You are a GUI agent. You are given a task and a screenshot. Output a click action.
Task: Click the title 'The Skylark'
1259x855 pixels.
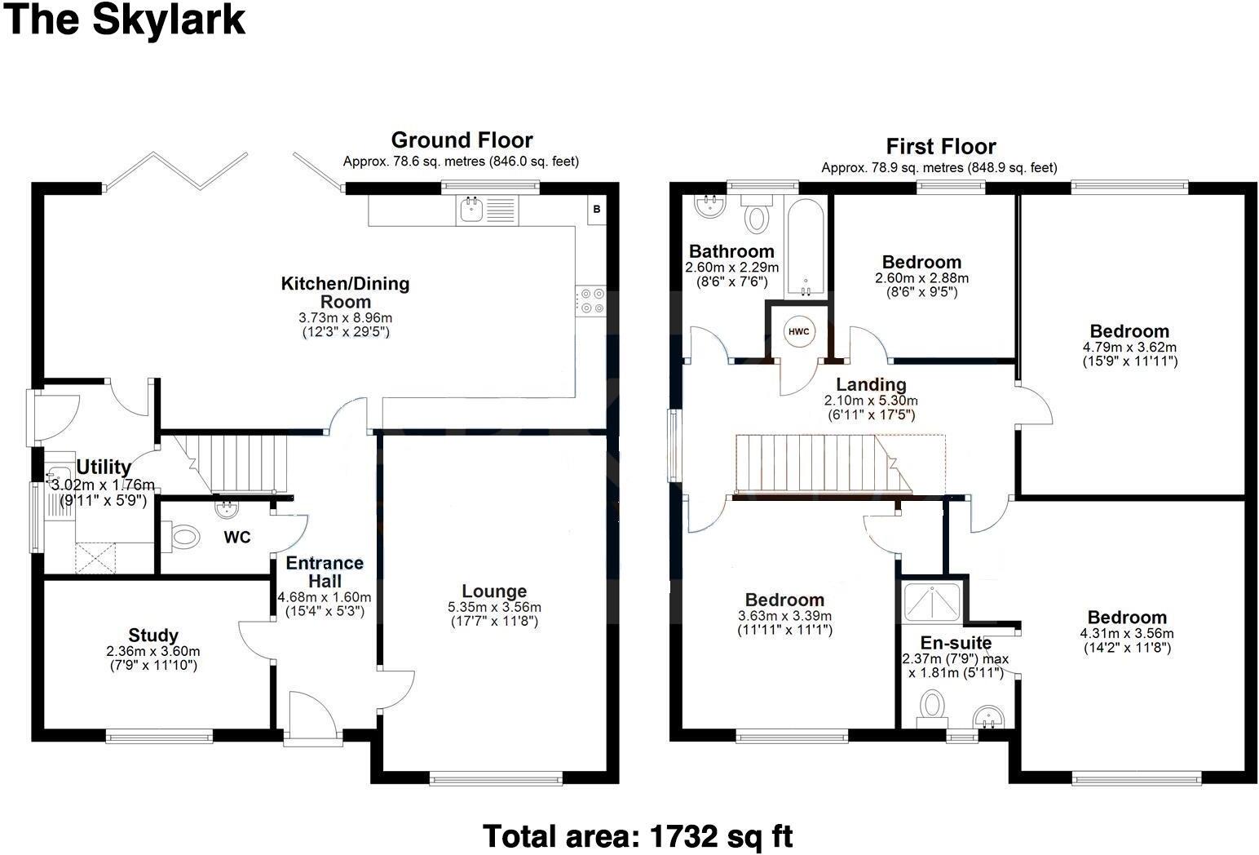(125, 20)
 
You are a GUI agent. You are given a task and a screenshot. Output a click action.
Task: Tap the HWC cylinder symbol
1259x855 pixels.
(798, 331)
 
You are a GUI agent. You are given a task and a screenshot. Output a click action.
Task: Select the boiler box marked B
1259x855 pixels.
(596, 210)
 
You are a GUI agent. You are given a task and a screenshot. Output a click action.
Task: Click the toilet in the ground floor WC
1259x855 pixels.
(185, 537)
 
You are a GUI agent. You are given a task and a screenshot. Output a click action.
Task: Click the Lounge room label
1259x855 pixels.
(494, 591)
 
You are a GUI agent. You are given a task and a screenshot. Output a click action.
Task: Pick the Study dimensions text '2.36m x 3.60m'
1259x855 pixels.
(153, 652)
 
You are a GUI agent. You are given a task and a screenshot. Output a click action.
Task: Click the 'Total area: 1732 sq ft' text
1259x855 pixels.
(637, 836)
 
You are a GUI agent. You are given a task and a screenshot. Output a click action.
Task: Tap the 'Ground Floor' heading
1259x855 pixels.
(462, 140)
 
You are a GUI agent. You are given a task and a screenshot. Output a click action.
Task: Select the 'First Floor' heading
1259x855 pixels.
(941, 147)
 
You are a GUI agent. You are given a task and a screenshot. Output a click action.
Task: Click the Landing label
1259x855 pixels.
(871, 384)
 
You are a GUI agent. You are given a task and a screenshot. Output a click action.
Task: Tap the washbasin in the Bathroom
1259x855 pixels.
(711, 206)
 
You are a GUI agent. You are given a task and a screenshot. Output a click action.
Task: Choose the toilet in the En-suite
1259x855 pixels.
(931, 706)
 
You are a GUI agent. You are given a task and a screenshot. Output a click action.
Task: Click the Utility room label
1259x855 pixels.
(104, 467)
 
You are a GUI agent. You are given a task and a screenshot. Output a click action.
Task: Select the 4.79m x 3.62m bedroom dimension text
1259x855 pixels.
(1129, 347)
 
